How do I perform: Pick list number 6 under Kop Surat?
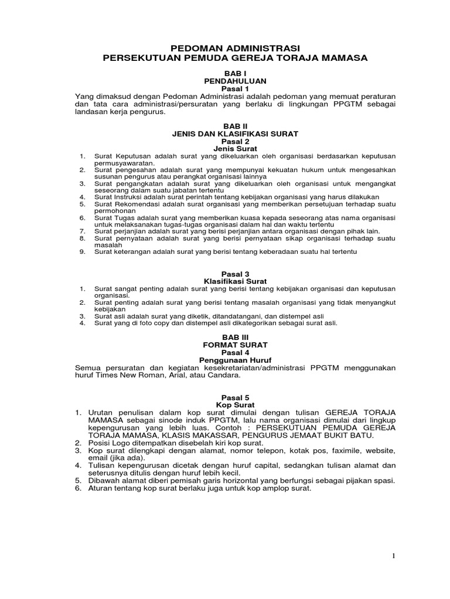click(79, 488)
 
